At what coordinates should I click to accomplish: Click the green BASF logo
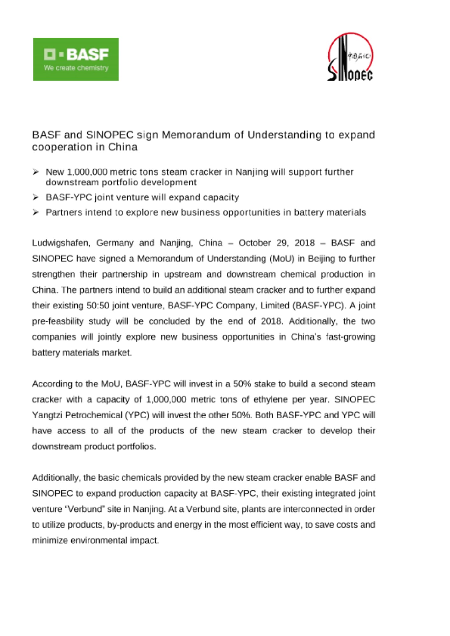coord(76,59)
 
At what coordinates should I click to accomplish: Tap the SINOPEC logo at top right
coord(350,57)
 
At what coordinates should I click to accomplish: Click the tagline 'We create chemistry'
coord(76,68)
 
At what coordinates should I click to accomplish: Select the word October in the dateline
coord(255,243)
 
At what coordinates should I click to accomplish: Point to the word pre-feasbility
coord(58,321)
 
